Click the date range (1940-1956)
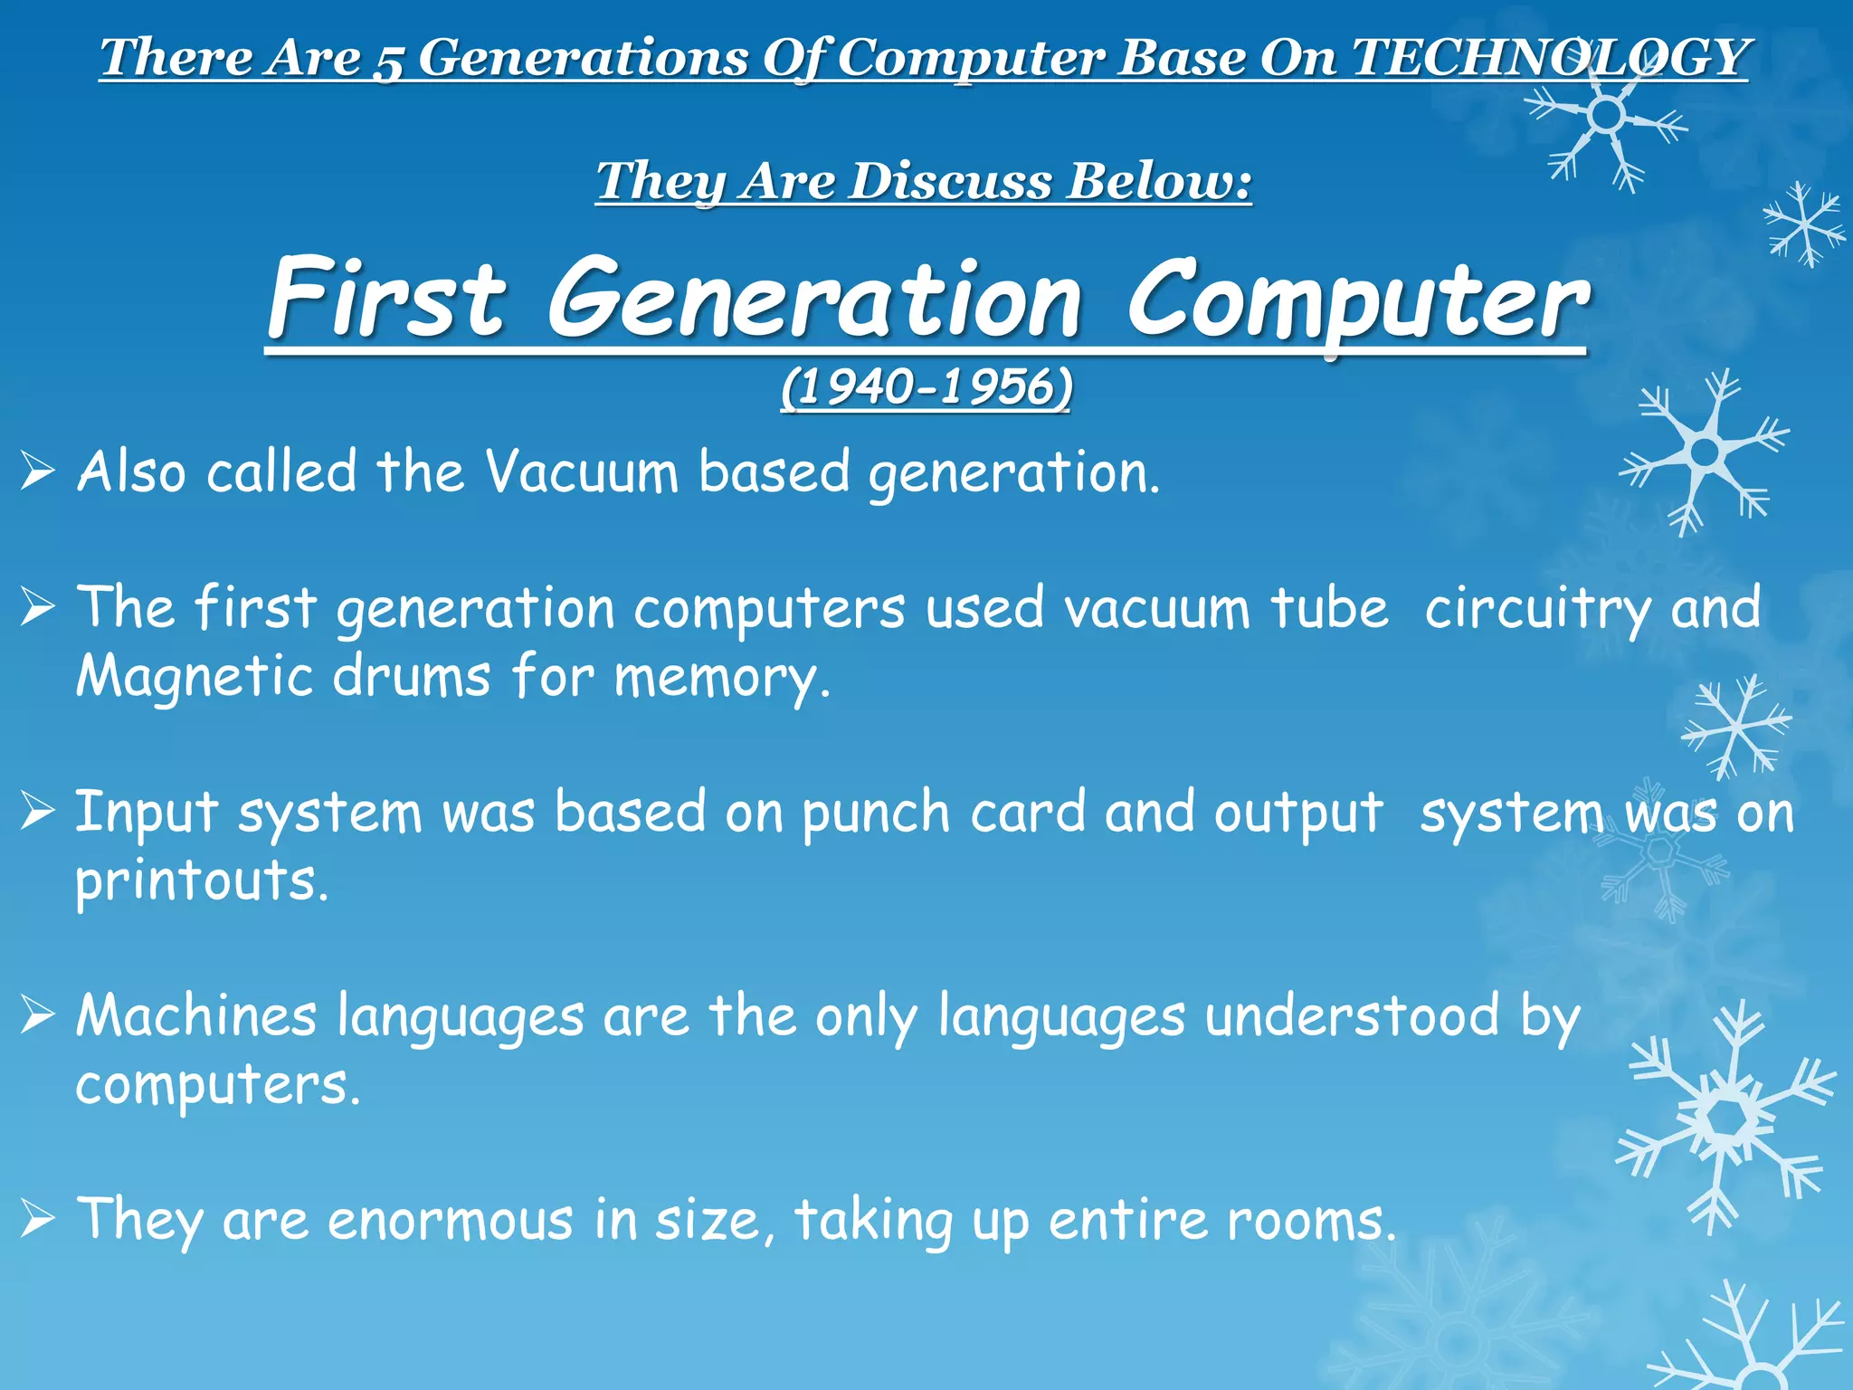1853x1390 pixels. (926, 387)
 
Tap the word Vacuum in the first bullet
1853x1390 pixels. (581, 472)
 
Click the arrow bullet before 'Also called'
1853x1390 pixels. (38, 471)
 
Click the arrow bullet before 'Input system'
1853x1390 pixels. (38, 811)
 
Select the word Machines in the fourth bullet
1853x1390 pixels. (196, 1015)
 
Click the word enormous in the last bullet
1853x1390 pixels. (450, 1220)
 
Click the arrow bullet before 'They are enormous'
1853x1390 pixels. (38, 1220)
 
